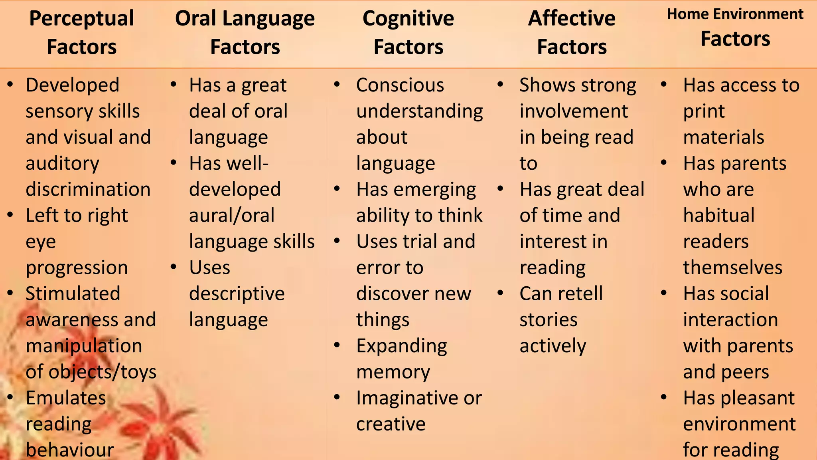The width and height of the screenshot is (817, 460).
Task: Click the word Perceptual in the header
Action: point(81,19)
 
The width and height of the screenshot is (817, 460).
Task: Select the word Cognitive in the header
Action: point(408,19)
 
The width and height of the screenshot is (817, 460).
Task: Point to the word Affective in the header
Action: point(572,19)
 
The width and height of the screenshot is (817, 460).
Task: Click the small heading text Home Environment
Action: point(735,14)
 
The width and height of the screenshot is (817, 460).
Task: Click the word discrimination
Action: point(88,189)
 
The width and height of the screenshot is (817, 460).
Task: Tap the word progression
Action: point(77,268)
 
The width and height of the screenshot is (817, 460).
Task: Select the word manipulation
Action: point(84,346)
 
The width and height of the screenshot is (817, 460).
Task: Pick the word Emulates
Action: point(66,398)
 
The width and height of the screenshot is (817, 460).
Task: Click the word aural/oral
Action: point(232,216)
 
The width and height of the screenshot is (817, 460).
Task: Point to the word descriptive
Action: point(237,294)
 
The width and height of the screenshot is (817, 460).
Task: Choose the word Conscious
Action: point(400,85)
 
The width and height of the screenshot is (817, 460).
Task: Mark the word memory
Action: point(393,372)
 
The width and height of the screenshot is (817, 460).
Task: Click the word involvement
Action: point(574,111)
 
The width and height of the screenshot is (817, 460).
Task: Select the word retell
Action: point(582,294)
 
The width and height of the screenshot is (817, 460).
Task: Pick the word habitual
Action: point(719,216)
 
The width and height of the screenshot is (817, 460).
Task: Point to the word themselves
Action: point(732,268)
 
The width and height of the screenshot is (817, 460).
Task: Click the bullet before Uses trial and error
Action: point(337,241)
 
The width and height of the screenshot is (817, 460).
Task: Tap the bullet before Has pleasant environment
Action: point(664,397)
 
